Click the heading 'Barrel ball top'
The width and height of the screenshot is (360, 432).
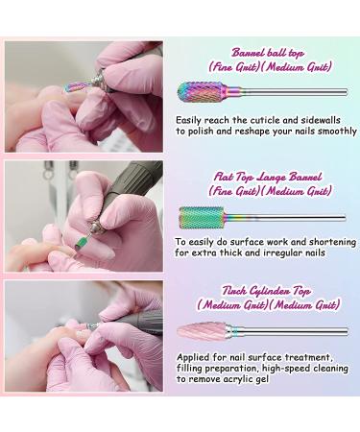(268, 53)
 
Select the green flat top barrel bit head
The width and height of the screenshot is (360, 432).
(202, 218)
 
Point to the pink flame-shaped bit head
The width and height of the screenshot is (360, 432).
(202, 331)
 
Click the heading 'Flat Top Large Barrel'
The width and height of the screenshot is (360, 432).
(268, 177)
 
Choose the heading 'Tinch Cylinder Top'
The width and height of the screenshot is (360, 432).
(266, 291)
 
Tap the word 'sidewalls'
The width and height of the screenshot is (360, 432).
(321, 120)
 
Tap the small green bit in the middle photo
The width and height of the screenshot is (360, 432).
(80, 243)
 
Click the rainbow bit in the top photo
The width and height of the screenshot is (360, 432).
(77, 85)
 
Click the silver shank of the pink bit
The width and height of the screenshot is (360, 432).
(287, 331)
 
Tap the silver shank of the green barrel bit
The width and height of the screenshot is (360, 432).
(285, 218)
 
